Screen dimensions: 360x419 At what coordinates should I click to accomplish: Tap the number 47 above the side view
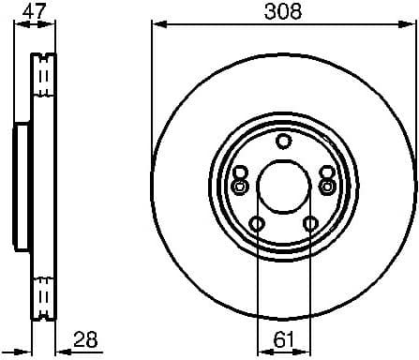click(34, 12)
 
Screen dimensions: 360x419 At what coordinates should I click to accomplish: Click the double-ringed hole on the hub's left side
click(239, 187)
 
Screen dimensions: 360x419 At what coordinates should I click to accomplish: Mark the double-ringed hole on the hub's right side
click(327, 187)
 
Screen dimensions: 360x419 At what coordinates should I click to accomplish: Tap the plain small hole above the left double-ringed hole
click(240, 172)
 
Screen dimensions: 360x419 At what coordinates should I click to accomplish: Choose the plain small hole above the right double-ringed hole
click(326, 172)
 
